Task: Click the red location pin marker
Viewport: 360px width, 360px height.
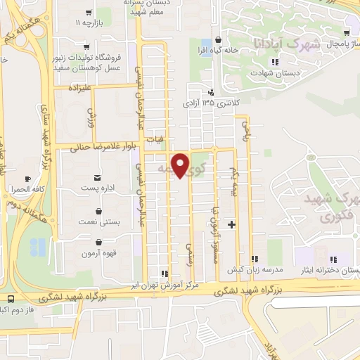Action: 181,164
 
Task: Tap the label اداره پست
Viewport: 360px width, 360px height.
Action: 97,188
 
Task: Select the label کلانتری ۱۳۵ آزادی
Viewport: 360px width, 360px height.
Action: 211,103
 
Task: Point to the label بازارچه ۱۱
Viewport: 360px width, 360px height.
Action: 88,23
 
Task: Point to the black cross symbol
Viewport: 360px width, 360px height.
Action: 232,224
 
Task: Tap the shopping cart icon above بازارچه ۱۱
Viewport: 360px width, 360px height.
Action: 88,12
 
